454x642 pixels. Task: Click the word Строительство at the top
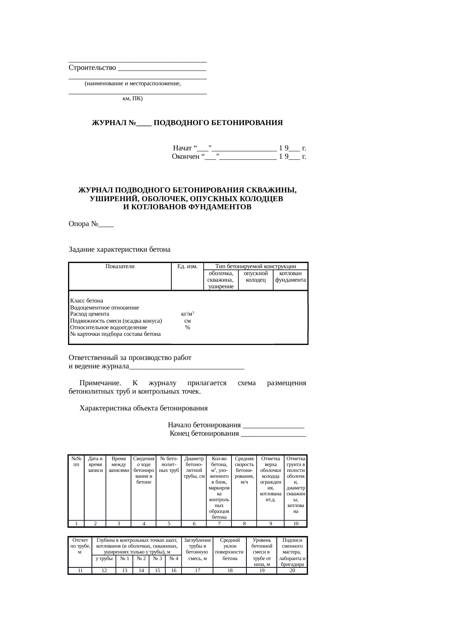coord(92,68)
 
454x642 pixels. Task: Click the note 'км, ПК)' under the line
coord(133,98)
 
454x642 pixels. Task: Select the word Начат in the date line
coord(182,148)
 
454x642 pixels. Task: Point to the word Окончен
coord(185,157)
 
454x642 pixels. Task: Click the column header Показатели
coord(120,266)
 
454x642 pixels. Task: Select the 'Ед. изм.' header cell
coord(187,266)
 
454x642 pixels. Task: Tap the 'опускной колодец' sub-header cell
coord(256,277)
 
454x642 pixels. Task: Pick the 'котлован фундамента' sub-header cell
coord(290,277)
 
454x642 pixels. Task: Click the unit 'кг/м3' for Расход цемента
coord(187,314)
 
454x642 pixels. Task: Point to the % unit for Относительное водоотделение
coord(187,327)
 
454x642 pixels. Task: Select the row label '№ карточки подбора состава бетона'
coord(115,334)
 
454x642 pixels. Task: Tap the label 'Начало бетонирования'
coord(204,425)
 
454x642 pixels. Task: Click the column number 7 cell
coord(219,523)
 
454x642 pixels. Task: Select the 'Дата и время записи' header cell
coord(95,464)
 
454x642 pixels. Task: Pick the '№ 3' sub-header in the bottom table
coord(157,559)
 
